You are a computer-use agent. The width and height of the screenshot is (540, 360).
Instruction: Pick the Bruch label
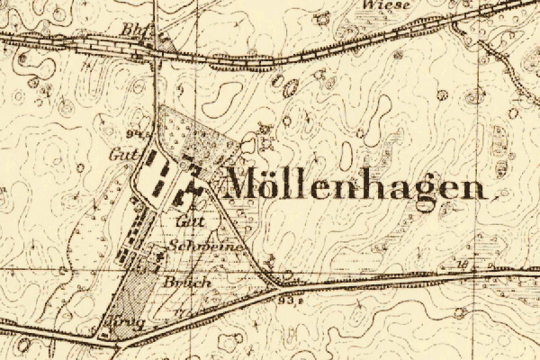(188, 282)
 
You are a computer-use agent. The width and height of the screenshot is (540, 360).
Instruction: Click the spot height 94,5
(138, 134)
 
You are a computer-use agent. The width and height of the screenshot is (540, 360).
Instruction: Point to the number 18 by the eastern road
(463, 265)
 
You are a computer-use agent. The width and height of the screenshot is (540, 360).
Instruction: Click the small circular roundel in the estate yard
(185, 165)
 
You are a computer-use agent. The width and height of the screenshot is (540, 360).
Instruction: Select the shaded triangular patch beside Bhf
(163, 40)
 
